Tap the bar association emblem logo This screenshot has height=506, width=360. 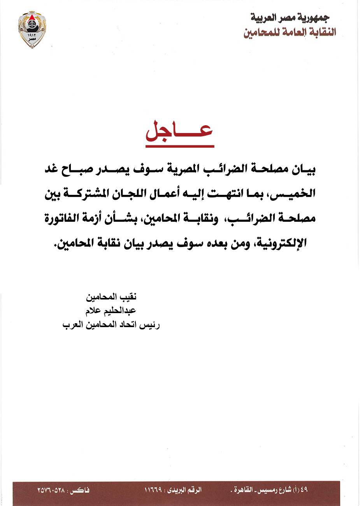pyautogui.click(x=32, y=29)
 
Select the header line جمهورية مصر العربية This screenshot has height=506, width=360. pyautogui.click(x=290, y=18)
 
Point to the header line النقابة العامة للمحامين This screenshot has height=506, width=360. pyautogui.click(x=290, y=32)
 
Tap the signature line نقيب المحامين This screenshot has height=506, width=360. pyautogui.click(x=111, y=298)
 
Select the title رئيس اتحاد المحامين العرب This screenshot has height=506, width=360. pyautogui.click(x=111, y=325)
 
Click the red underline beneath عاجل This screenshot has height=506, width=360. pyautogui.click(x=180, y=146)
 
